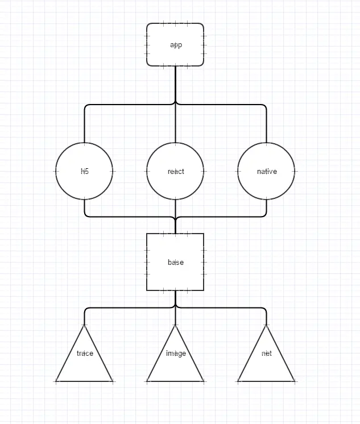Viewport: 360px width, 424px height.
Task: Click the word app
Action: coord(176,45)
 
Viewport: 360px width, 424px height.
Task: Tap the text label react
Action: coord(176,171)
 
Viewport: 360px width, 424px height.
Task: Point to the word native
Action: coord(267,171)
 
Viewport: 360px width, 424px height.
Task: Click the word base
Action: coord(176,263)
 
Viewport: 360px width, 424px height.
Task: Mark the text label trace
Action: coord(85,353)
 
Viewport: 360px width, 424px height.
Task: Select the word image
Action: coord(176,353)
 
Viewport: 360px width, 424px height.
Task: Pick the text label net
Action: coord(267,353)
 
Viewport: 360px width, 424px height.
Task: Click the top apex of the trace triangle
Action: coord(84,326)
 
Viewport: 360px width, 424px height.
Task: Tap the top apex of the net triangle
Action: coord(266,326)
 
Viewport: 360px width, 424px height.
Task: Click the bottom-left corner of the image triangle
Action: coord(148,381)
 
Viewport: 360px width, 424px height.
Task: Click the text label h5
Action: coord(85,171)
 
